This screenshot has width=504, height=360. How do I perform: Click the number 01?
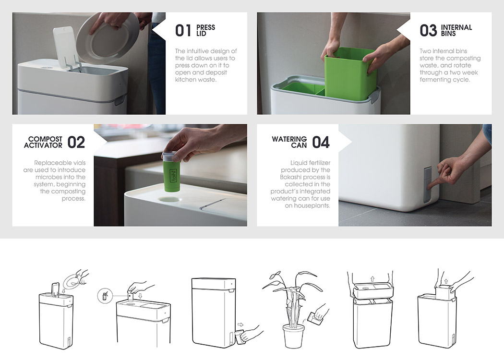183,31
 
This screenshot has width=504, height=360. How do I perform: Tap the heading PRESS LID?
205,31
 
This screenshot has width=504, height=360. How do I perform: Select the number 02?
76,142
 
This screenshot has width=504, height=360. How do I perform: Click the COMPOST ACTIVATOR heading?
43,142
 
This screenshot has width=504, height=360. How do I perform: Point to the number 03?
428,31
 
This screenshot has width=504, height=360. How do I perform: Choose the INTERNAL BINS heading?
456,31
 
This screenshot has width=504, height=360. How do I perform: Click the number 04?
321,142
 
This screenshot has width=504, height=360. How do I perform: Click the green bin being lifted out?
350,72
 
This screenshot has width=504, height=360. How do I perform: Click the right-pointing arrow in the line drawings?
241,324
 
